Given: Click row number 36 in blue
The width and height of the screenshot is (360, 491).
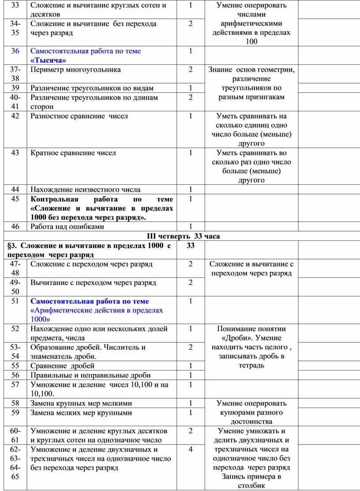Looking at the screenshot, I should (x=16, y=51).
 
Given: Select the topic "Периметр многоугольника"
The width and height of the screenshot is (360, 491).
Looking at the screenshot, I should (x=75, y=69).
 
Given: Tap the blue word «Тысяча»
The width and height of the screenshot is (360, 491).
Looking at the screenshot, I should (x=49, y=60).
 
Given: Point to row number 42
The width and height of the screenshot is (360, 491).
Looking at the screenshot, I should (x=16, y=116).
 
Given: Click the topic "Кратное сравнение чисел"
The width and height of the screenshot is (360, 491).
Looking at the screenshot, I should (x=74, y=153).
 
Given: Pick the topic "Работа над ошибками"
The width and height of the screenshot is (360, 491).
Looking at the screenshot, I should (x=67, y=227).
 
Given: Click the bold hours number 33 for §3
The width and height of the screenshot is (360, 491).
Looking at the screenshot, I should (x=191, y=245).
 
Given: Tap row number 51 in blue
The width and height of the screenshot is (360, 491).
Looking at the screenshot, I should (x=16, y=301).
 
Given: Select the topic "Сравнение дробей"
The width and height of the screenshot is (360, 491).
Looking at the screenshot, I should (x=62, y=365).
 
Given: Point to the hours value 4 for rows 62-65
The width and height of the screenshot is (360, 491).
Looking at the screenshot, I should (x=191, y=450).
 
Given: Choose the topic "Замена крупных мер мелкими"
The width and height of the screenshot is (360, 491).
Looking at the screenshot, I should (x=81, y=403).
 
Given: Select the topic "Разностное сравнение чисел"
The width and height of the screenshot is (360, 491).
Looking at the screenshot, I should (x=79, y=116).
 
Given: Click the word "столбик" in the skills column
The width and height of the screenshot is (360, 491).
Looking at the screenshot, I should (x=251, y=486).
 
